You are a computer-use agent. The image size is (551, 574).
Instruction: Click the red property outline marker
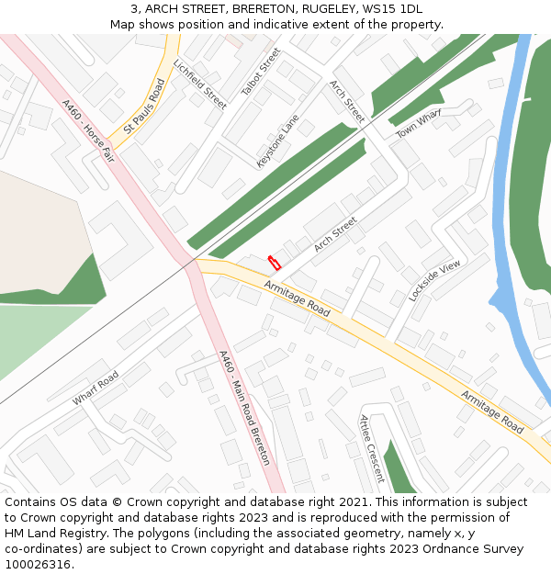coord(273,263)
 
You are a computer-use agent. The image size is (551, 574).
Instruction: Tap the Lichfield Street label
coord(199,84)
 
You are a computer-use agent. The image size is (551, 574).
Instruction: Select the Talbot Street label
coord(261,73)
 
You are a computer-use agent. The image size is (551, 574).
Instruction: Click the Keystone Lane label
coord(278,141)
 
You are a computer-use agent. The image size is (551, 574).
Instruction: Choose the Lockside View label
coord(434,279)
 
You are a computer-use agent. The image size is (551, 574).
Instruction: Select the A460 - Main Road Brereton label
coord(244,406)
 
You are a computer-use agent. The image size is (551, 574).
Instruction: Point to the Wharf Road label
coord(96,388)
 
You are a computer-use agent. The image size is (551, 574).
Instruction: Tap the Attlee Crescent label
coord(372,448)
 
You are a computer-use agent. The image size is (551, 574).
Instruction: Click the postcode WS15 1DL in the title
coord(391,8)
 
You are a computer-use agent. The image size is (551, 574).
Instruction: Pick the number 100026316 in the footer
coord(39,564)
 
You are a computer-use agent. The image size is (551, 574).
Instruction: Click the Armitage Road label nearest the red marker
coord(297,299)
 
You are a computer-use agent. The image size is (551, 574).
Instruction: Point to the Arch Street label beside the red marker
coord(334,234)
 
